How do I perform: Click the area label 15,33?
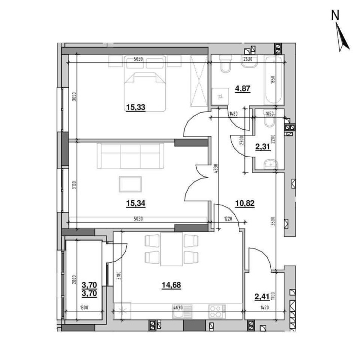pos(135,107)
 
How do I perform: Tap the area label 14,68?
pos(171,285)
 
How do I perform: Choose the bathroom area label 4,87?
pos(242,88)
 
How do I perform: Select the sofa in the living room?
pos(130,155)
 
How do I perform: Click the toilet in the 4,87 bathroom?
pos(226,67)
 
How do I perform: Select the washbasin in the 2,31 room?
pos(271,163)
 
